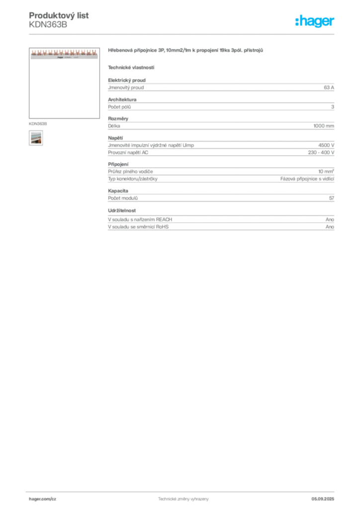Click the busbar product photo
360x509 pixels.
click(63, 54)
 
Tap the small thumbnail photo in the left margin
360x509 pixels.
click(35, 138)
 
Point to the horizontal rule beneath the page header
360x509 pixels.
click(183, 34)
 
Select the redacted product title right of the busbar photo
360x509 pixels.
click(187, 51)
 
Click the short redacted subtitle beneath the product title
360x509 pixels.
click(131, 67)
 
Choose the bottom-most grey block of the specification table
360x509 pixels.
click(221, 221)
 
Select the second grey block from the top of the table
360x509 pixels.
click(221, 105)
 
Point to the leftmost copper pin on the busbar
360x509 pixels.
click(33, 51)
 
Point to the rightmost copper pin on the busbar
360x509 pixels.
click(95, 51)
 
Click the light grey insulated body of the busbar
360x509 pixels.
click(63, 57)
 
